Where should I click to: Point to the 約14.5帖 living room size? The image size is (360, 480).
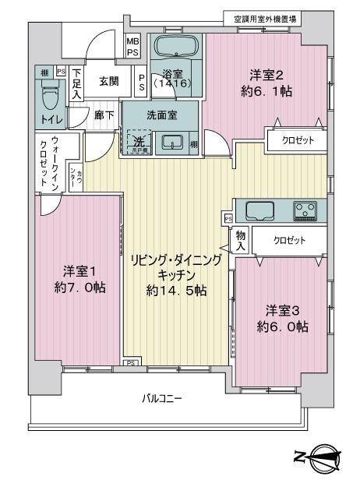[x=179, y=291]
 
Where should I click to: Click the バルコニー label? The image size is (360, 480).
[x=161, y=398]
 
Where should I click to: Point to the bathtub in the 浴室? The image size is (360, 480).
[x=175, y=46]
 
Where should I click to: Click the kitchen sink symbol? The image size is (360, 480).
[x=258, y=209]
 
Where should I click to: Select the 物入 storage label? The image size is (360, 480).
[x=242, y=239]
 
